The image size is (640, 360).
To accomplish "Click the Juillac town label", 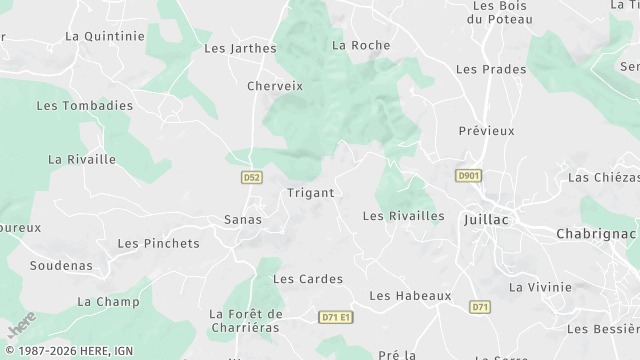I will (487, 219).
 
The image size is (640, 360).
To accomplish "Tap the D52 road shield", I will (252, 177).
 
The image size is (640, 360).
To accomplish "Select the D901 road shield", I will (468, 175).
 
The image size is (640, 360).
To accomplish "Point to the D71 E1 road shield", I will (337, 316).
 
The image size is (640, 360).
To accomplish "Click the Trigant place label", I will (309, 192).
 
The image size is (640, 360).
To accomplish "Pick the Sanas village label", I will (243, 219).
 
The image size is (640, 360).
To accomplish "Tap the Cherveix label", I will (275, 86).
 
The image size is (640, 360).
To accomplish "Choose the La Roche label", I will (361, 45).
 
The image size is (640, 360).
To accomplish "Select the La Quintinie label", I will (104, 35).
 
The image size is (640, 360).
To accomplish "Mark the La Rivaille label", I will (82, 159).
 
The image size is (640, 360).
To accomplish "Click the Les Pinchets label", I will (158, 243).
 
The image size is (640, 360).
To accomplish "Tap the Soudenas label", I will (61, 266).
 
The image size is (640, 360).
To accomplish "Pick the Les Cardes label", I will (308, 279).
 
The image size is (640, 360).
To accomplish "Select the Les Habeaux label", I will (410, 296).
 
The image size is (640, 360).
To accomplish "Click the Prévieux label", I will (486, 131).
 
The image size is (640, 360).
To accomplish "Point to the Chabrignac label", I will (596, 233).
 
